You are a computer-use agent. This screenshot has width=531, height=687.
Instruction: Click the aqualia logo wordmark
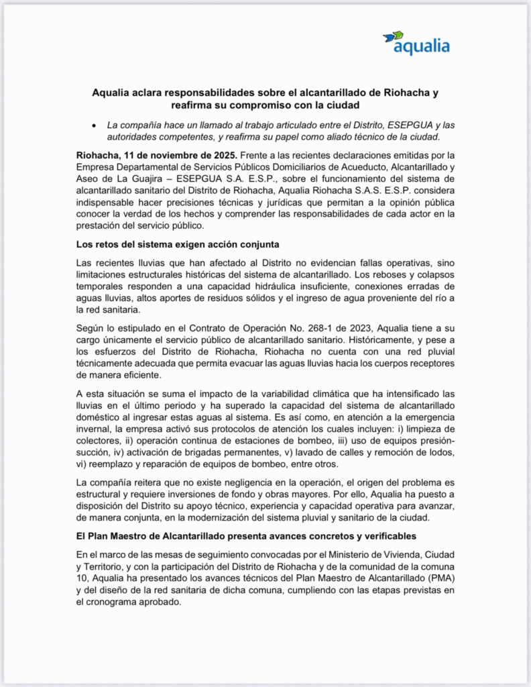click(x=422, y=48)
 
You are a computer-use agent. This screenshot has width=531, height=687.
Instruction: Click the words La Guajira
click(x=133, y=180)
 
